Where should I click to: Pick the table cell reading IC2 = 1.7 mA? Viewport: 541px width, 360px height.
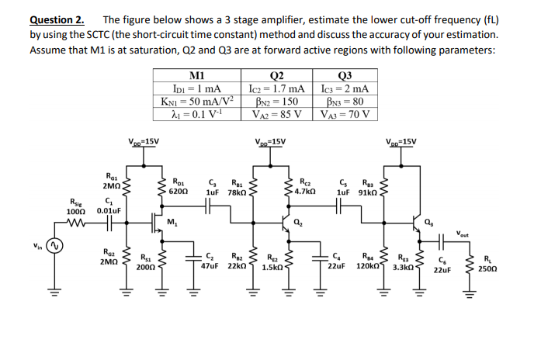tap(276, 89)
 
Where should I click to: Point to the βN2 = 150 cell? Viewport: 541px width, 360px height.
tap(276, 102)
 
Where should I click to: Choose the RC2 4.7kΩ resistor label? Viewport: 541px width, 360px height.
tap(307, 184)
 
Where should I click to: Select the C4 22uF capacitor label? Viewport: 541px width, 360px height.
tap(335, 261)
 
